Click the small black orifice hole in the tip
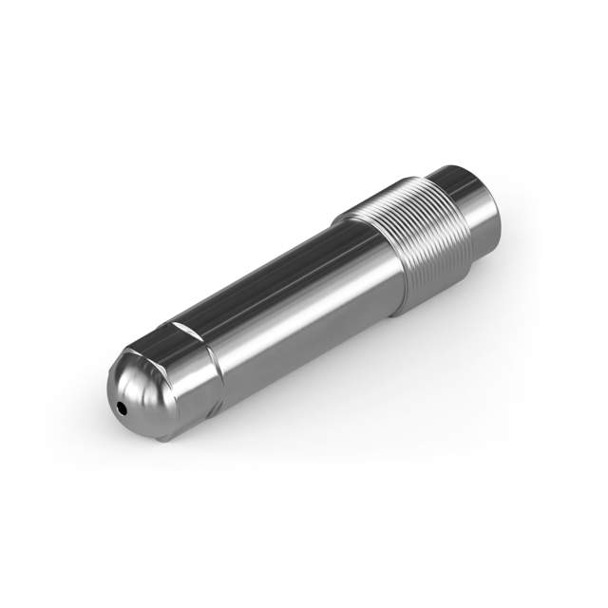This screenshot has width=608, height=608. [x=123, y=408]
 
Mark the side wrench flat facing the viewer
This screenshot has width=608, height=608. [x=190, y=380]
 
